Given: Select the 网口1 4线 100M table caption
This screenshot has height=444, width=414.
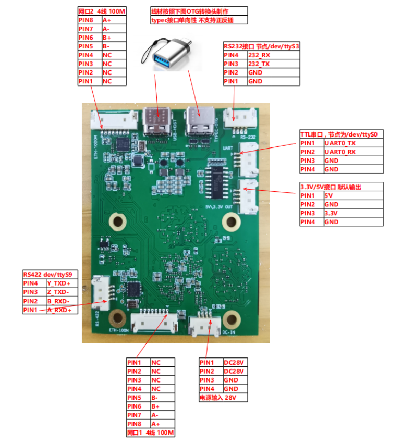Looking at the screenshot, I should [150, 433].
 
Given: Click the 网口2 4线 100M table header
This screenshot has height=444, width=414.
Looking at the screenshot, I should [102, 11].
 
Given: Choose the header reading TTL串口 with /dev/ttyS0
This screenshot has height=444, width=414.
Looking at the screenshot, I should [341, 134].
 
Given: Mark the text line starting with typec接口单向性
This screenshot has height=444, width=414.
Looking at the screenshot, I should [191, 20].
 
